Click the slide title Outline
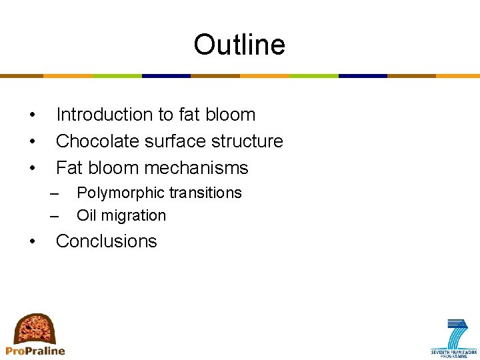(x=239, y=45)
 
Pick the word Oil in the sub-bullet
(x=85, y=215)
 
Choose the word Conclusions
(x=106, y=241)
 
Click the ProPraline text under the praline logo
(x=35, y=351)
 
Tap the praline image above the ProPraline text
(x=35, y=328)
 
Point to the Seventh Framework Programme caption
(x=454, y=353)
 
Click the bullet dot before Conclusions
(x=32, y=242)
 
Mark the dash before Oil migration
(x=55, y=216)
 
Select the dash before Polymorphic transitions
(x=55, y=193)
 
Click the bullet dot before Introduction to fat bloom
(x=32, y=115)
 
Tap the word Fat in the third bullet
(x=69, y=168)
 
